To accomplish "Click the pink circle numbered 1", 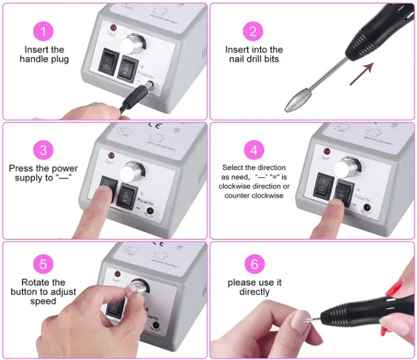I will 43,30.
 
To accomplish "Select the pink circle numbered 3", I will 43,149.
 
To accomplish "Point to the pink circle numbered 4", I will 254,149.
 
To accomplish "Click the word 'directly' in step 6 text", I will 254,292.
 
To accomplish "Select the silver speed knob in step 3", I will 132,173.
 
